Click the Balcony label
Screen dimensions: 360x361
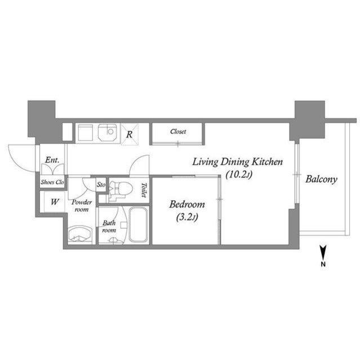point(321,179)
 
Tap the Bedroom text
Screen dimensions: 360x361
point(187,204)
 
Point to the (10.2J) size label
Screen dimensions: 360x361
point(239,175)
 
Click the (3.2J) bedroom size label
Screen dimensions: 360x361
point(187,217)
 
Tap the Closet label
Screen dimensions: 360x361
point(178,131)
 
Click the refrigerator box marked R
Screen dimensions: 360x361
point(130,134)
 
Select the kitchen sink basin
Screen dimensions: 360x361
point(108,133)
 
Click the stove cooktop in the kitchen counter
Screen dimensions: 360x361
point(85,133)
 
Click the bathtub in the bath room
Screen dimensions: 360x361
point(138,224)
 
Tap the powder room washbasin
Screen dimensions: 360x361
point(80,234)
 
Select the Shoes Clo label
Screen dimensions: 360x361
point(52,182)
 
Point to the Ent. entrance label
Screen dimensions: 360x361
point(52,160)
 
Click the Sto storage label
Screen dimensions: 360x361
point(101,184)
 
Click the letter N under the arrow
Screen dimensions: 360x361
point(323,265)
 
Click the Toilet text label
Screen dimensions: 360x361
point(144,190)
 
